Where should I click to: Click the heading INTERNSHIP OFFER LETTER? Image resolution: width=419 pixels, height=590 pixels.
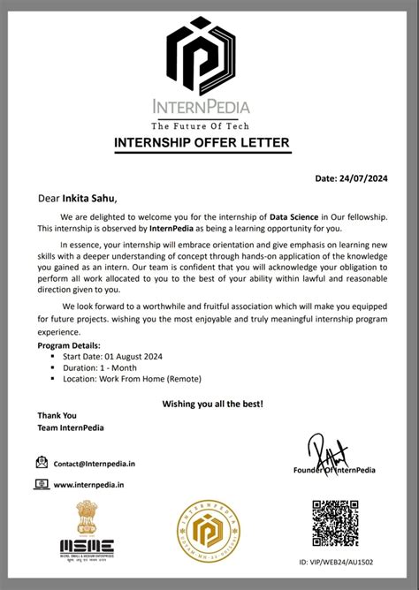click(209, 144)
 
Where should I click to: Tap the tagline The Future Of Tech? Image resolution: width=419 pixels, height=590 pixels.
click(209, 125)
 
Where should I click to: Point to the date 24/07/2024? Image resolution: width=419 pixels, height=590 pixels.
click(363, 178)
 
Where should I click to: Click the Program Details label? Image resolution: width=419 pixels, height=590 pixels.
click(69, 345)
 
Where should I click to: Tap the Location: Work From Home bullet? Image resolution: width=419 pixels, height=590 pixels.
click(132, 379)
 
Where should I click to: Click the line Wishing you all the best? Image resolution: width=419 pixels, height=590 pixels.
click(212, 404)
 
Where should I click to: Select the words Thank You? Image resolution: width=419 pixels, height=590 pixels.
click(57, 415)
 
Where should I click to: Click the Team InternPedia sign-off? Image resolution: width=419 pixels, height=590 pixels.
click(70, 427)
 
